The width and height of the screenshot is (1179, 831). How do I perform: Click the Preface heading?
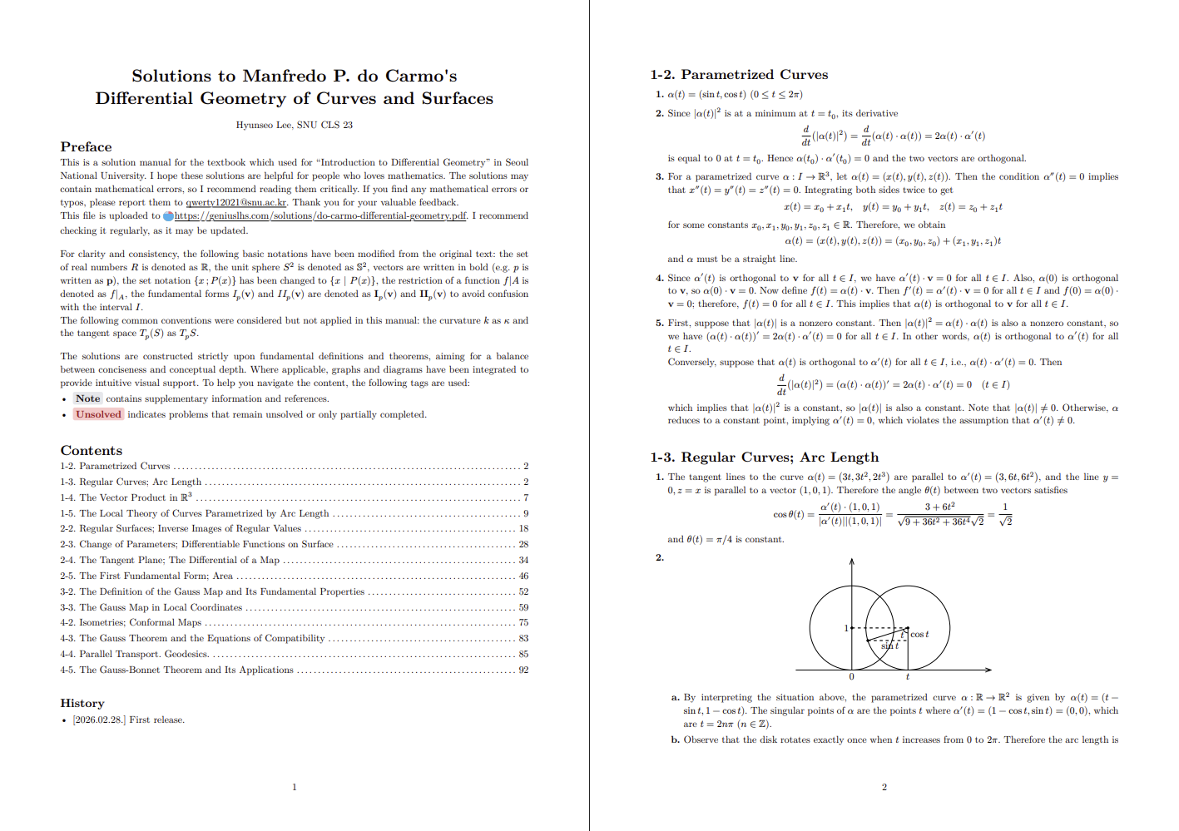(86, 146)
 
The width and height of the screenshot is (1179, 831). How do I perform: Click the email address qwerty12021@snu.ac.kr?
(236, 202)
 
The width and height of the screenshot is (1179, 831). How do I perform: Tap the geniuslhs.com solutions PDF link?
(320, 215)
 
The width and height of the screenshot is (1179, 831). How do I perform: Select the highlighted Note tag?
(87, 398)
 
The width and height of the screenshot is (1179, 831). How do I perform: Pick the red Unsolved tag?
(98, 414)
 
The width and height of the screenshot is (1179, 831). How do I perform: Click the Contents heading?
(91, 450)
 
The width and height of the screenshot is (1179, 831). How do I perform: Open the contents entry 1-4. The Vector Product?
(126, 497)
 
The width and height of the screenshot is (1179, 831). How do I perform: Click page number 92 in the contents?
(523, 670)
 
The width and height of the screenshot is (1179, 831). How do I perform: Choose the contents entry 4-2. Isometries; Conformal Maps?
(131, 622)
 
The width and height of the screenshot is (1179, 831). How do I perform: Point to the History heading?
(82, 703)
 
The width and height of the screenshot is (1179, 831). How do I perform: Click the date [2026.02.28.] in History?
(99, 720)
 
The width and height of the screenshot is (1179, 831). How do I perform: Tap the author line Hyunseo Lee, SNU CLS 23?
(294, 125)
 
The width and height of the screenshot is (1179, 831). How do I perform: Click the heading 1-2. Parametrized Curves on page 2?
(739, 74)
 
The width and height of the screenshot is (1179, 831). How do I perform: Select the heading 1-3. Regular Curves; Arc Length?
(764, 457)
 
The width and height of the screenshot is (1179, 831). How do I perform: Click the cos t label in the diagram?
(919, 635)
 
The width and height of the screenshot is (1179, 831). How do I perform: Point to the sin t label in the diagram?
(889, 646)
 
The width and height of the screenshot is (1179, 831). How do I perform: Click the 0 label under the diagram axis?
(851, 676)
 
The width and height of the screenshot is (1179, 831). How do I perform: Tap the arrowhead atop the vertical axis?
(851, 562)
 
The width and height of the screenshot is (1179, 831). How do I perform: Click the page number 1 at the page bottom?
(294, 787)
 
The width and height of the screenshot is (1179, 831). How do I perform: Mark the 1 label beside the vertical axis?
(845, 628)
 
